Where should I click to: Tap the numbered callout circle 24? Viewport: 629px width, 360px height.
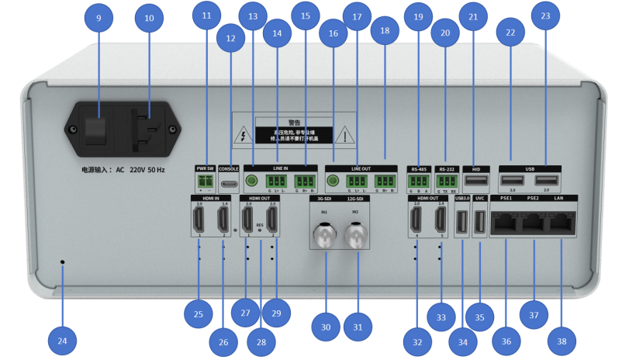point(63,339)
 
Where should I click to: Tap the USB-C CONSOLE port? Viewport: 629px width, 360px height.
point(229,185)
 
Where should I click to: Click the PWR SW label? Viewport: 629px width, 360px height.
point(205,168)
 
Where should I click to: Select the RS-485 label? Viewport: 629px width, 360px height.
point(419,168)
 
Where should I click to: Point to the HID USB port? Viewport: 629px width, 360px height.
point(478,182)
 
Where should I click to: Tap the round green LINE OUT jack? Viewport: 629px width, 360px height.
point(334,183)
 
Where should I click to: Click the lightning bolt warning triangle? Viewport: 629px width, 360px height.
point(246,135)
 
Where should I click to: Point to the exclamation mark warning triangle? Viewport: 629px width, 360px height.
point(344,135)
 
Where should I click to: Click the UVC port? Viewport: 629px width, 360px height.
point(479,223)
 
